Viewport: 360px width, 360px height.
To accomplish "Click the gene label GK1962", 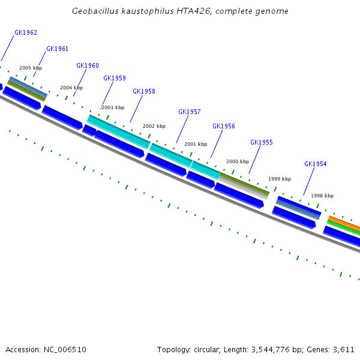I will pos(26,33).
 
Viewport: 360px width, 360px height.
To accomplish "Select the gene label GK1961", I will pos(57,49).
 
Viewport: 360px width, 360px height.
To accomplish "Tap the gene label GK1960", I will pos(88,66).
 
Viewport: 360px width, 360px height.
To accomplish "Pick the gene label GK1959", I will pos(115,79).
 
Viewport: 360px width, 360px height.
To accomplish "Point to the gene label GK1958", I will pos(144,92).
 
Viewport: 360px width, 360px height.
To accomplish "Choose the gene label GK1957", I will pos(190,112).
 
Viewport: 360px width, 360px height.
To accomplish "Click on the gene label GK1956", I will pos(224,127).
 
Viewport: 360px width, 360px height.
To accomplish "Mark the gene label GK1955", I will pos(262,143).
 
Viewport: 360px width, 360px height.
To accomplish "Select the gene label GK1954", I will pos(316,164).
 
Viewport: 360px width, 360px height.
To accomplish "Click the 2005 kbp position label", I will pos(31,68).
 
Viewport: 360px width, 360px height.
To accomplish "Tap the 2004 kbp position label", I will pos(71,88).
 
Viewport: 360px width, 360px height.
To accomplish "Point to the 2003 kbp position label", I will pos(113,108).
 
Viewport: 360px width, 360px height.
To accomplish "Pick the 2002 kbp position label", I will pos(154,127).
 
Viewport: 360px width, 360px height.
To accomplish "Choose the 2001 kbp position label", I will pos(195,145).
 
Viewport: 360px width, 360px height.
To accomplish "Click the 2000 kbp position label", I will pos(237,162).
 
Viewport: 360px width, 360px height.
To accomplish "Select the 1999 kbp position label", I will pos(280,179).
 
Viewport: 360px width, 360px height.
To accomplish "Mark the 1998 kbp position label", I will pos(322,196).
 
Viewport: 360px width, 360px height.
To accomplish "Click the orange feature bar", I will pos(344,223).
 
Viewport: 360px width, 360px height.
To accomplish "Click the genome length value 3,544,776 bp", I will pos(302,349).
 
